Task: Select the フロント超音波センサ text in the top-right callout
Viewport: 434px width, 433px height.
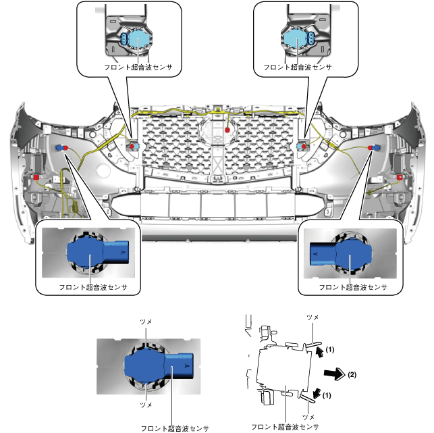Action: coord(298,68)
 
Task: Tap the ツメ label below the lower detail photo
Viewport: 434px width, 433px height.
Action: coord(145,405)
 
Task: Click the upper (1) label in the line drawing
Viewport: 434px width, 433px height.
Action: coord(330,350)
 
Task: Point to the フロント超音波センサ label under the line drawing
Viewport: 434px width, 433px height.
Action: coord(283,426)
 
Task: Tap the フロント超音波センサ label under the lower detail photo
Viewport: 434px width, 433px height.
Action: coord(175,427)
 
